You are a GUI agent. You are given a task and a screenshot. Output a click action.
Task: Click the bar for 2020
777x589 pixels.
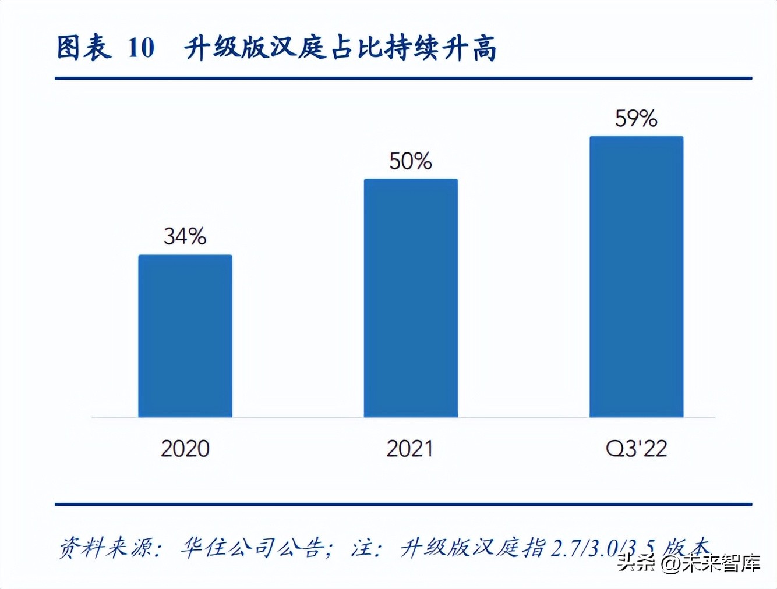click(x=185, y=336)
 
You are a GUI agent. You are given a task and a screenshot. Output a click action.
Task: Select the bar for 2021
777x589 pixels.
click(x=411, y=298)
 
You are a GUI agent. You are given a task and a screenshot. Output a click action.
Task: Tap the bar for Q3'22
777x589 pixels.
click(x=636, y=276)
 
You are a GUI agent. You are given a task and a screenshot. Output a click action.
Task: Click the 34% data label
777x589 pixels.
click(x=185, y=236)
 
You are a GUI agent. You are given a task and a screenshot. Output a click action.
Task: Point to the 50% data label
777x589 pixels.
click(x=411, y=161)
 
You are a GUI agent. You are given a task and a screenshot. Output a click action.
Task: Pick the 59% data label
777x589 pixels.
click(x=636, y=119)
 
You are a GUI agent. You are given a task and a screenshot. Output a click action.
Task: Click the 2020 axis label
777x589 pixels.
click(x=185, y=449)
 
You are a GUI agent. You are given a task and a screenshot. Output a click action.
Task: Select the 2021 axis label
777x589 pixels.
click(x=411, y=449)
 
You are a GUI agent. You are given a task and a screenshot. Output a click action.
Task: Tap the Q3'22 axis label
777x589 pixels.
click(x=636, y=449)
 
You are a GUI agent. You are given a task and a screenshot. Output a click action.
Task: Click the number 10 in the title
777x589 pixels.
click(x=141, y=48)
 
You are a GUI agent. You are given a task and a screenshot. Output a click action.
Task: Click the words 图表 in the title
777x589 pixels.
click(x=84, y=48)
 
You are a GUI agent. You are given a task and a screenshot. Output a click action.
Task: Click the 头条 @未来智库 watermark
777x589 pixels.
click(x=689, y=563)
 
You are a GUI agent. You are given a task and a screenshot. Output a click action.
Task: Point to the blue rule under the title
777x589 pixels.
click(x=403, y=78)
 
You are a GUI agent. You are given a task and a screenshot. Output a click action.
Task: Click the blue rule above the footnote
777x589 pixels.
click(x=403, y=505)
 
